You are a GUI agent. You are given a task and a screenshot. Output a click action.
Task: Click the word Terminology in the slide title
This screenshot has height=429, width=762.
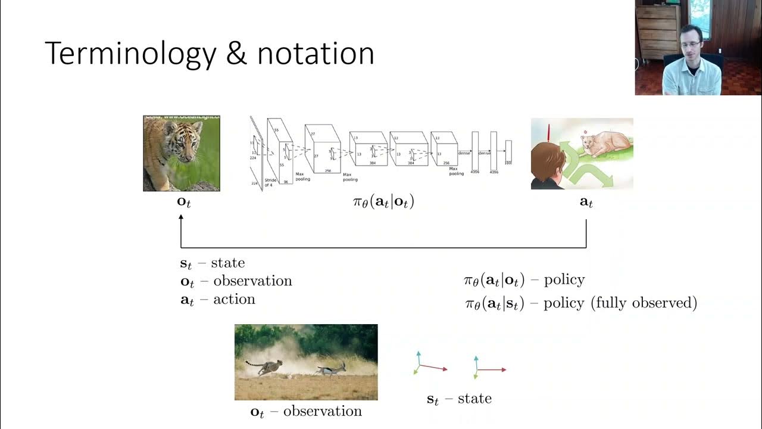coord(130,54)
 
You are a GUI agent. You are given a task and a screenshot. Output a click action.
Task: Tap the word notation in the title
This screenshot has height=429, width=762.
coord(316,54)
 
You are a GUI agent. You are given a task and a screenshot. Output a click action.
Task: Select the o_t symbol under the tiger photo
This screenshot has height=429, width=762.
coord(184,202)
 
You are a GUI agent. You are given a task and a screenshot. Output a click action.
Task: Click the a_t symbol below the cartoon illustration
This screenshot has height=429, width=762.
coord(586,202)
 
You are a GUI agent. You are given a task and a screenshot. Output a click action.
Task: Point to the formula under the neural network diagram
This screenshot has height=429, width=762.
coord(383,202)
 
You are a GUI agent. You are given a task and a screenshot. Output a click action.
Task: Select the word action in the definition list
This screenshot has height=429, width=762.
coord(234,299)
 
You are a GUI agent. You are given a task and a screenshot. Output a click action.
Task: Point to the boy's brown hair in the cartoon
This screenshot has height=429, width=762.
coord(546,161)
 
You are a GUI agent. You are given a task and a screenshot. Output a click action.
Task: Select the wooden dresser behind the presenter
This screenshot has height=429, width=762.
coord(655,33)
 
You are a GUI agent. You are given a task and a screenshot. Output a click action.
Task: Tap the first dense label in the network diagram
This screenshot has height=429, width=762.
coord(464,154)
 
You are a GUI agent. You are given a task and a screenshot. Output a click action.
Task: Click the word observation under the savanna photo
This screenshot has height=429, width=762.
coord(322,411)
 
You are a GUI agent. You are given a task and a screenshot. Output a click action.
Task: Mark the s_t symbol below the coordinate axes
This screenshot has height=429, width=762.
coord(433,399)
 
